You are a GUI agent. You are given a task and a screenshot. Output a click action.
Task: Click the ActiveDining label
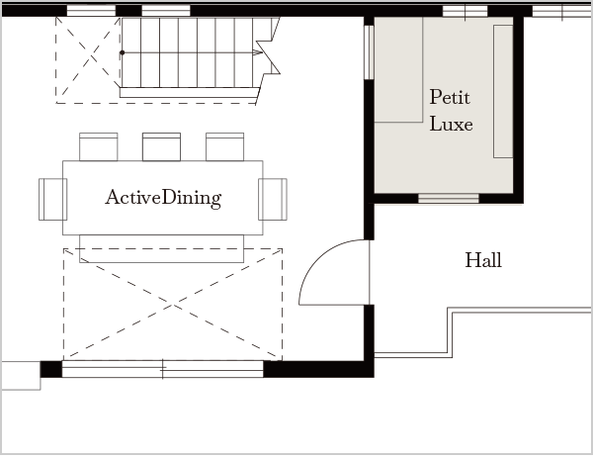coord(163,198)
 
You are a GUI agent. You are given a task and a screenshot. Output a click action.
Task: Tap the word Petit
coord(450,97)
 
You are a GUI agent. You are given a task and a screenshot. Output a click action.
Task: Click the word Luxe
coord(452,124)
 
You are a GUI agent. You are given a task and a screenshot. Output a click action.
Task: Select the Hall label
coord(483,260)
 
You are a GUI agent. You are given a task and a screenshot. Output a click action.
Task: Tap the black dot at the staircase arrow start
coord(123,52)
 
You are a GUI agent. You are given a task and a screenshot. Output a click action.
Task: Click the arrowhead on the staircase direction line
coord(258,52)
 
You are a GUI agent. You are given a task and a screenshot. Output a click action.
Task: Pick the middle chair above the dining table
coord(161,146)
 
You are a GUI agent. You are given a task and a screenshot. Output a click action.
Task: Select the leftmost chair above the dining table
coord(98,146)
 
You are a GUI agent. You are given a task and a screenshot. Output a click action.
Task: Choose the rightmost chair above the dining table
coord(224,146)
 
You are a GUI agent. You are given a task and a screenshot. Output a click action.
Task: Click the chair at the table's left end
coord(52,200)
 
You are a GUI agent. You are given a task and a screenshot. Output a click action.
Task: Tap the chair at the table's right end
coord(273,200)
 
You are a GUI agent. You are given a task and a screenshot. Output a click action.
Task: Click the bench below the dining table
coord(161,248)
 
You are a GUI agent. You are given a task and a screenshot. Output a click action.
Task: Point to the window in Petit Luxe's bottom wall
coord(449,198)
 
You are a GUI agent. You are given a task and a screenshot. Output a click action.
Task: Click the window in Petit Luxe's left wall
coord(369,52)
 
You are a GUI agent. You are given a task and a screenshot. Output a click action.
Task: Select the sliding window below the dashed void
coord(163,369)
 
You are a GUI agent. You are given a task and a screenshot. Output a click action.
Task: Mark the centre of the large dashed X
coord(173,305)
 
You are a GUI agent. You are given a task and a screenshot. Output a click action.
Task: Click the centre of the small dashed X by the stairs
coord(91,57)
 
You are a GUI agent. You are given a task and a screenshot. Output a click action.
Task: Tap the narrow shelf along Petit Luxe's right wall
coord(503,91)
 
